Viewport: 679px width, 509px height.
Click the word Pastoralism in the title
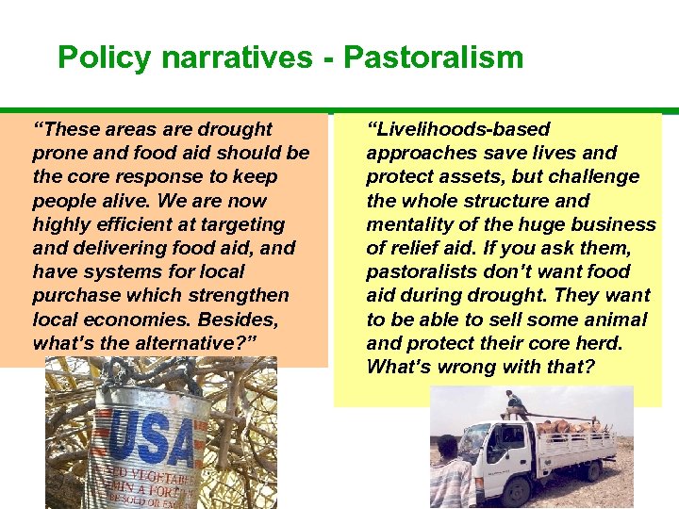coord(433,57)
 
